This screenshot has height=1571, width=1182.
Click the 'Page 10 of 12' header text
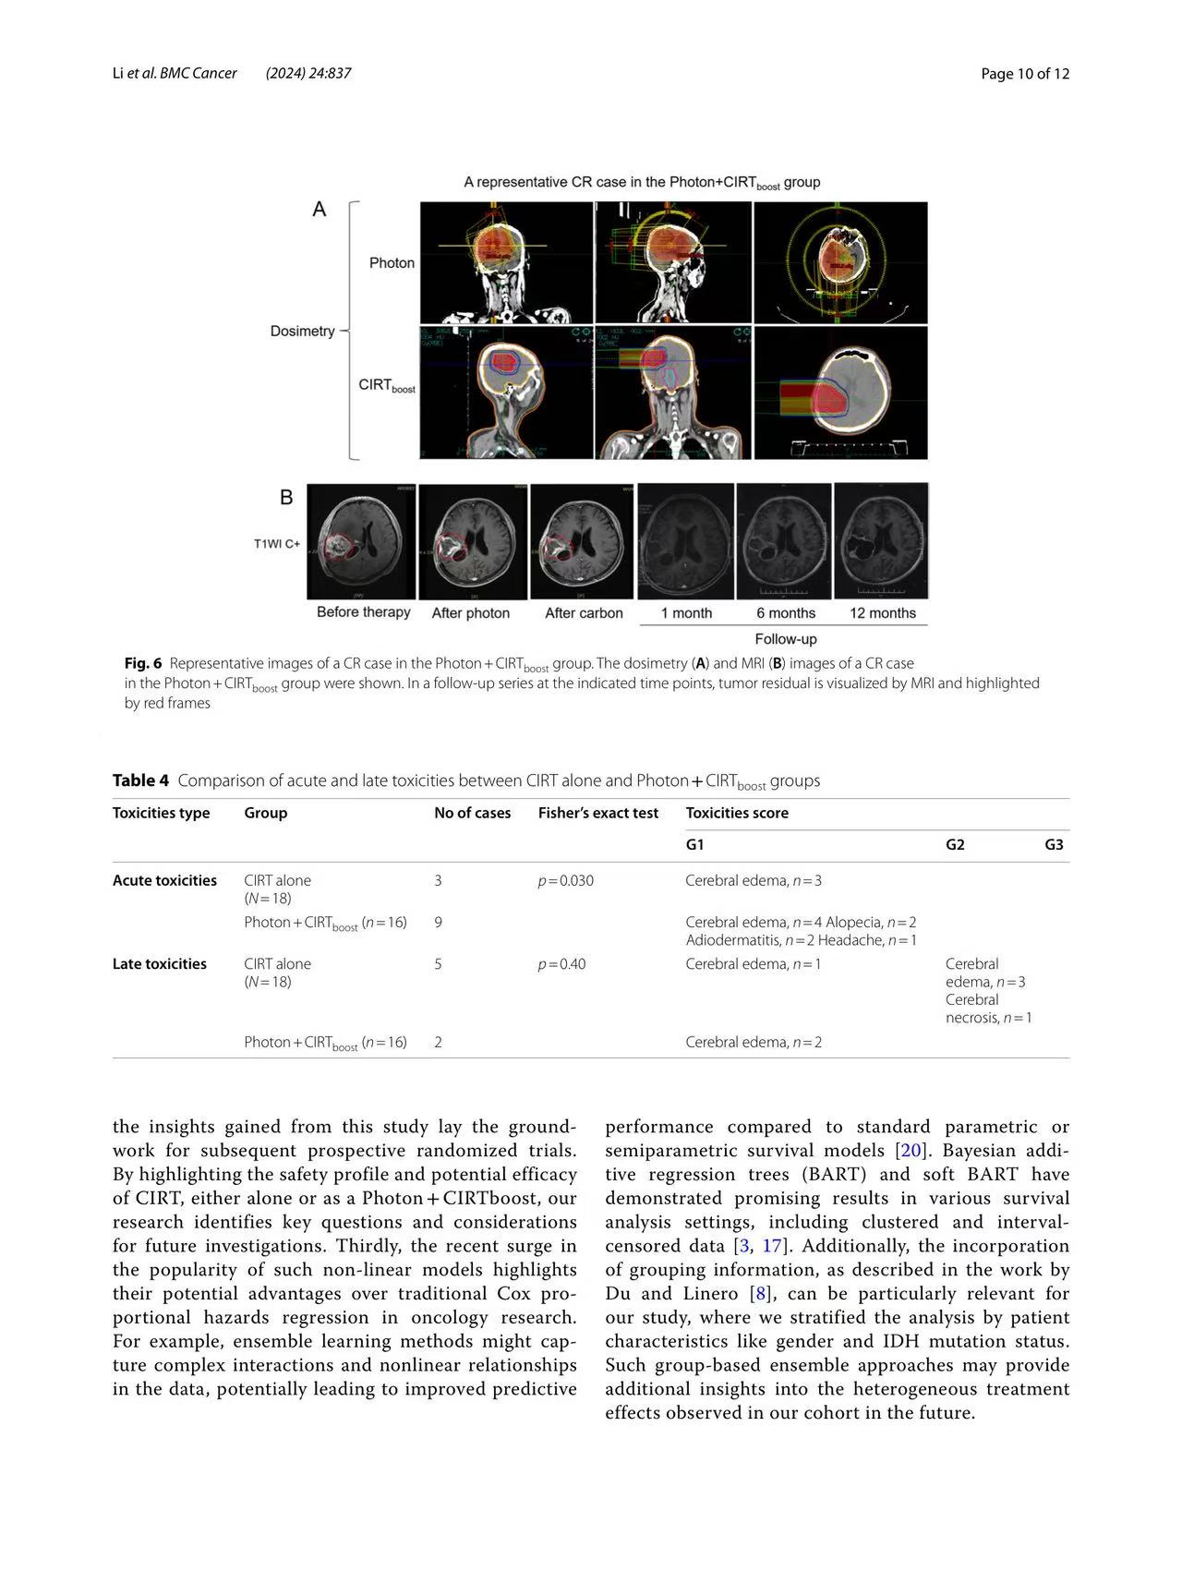pyautogui.click(x=1025, y=74)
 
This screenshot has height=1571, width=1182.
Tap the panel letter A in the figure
pyautogui.click(x=320, y=210)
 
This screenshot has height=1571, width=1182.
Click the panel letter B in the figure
pyautogui.click(x=286, y=498)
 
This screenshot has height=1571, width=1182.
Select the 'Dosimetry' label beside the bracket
pyautogui.click(x=302, y=331)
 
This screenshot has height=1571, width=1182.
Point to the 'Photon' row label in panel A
pyautogui.click(x=392, y=263)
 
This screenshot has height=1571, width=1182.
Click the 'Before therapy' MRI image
pyautogui.click(x=361, y=541)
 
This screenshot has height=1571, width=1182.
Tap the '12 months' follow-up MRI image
pyautogui.click(x=881, y=541)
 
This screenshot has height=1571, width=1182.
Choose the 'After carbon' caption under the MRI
pyautogui.click(x=584, y=613)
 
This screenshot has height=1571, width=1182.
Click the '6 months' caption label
pyautogui.click(x=786, y=613)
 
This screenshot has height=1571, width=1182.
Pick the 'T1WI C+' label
pyautogui.click(x=277, y=544)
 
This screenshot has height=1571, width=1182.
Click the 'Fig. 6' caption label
pyautogui.click(x=143, y=663)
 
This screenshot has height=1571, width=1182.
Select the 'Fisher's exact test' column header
pyautogui.click(x=598, y=813)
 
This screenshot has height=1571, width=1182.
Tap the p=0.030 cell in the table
pyautogui.click(x=566, y=880)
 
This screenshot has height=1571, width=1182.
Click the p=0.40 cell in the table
pyautogui.click(x=561, y=963)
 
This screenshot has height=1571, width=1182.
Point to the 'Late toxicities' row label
pyautogui.click(x=159, y=963)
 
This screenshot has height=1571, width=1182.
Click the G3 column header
pyautogui.click(x=1054, y=844)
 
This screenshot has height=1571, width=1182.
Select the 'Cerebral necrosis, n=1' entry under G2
pyautogui.click(x=987, y=1009)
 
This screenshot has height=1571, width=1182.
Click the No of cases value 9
pyautogui.click(x=439, y=922)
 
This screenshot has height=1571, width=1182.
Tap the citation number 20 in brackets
pyautogui.click(x=911, y=1151)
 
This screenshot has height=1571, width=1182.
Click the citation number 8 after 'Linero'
pyautogui.click(x=761, y=1293)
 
